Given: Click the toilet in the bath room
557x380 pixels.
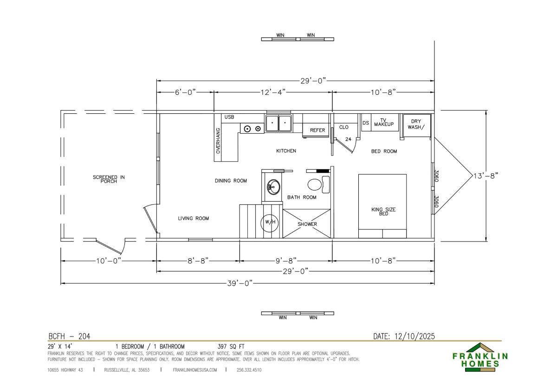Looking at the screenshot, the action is tap(318, 184).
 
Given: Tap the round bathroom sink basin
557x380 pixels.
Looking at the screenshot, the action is tap(273, 187).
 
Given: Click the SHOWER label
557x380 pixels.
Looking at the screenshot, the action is tap(307, 224).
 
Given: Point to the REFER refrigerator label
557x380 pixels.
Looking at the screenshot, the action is tap(317, 130).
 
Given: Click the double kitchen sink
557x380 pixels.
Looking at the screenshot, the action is tap(278, 123).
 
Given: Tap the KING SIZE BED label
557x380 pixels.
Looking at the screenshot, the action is tap(383, 211).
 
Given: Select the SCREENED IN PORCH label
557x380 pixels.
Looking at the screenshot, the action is tap(109, 179).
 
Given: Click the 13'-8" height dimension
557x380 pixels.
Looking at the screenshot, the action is tap(486, 176).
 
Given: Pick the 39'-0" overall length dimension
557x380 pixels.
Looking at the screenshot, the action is tap(240, 283).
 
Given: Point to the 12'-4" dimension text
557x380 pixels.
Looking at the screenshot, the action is tap(273, 92).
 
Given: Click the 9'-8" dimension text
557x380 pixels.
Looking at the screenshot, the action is tap(286, 261).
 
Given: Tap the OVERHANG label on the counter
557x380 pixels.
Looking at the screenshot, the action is tap(218, 141).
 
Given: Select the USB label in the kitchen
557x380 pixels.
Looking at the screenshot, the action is tap(229, 117).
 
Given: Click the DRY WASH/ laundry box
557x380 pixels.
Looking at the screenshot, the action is tap(417, 125).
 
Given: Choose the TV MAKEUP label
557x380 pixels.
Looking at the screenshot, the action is tap(384, 123).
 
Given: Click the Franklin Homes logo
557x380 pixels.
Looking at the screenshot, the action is tap(480, 357).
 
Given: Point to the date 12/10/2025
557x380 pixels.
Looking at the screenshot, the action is tap(415, 336).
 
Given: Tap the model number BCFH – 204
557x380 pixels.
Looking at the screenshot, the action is tap(69, 336).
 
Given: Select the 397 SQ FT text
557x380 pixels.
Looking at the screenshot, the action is tap(231, 347).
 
